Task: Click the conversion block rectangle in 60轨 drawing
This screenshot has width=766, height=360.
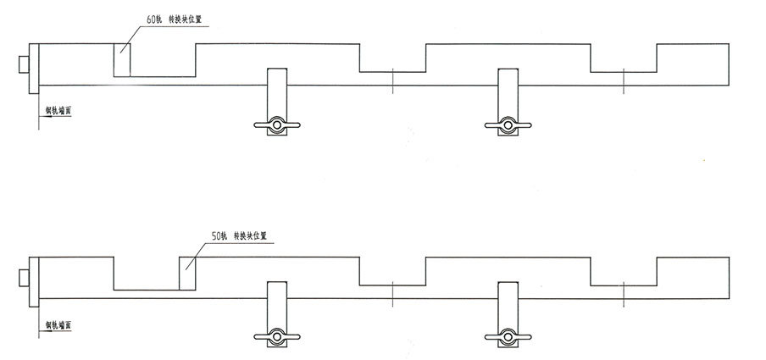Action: (123, 60)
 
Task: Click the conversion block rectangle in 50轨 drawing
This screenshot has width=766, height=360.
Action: (188, 273)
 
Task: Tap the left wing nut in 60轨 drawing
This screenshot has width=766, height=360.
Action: (277, 125)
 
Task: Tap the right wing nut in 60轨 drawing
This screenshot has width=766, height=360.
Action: (508, 125)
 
